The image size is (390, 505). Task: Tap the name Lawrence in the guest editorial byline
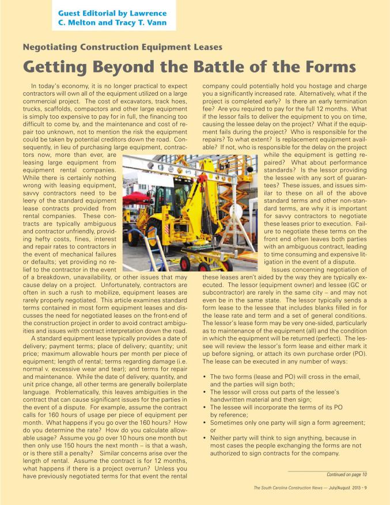tap(161, 13)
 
